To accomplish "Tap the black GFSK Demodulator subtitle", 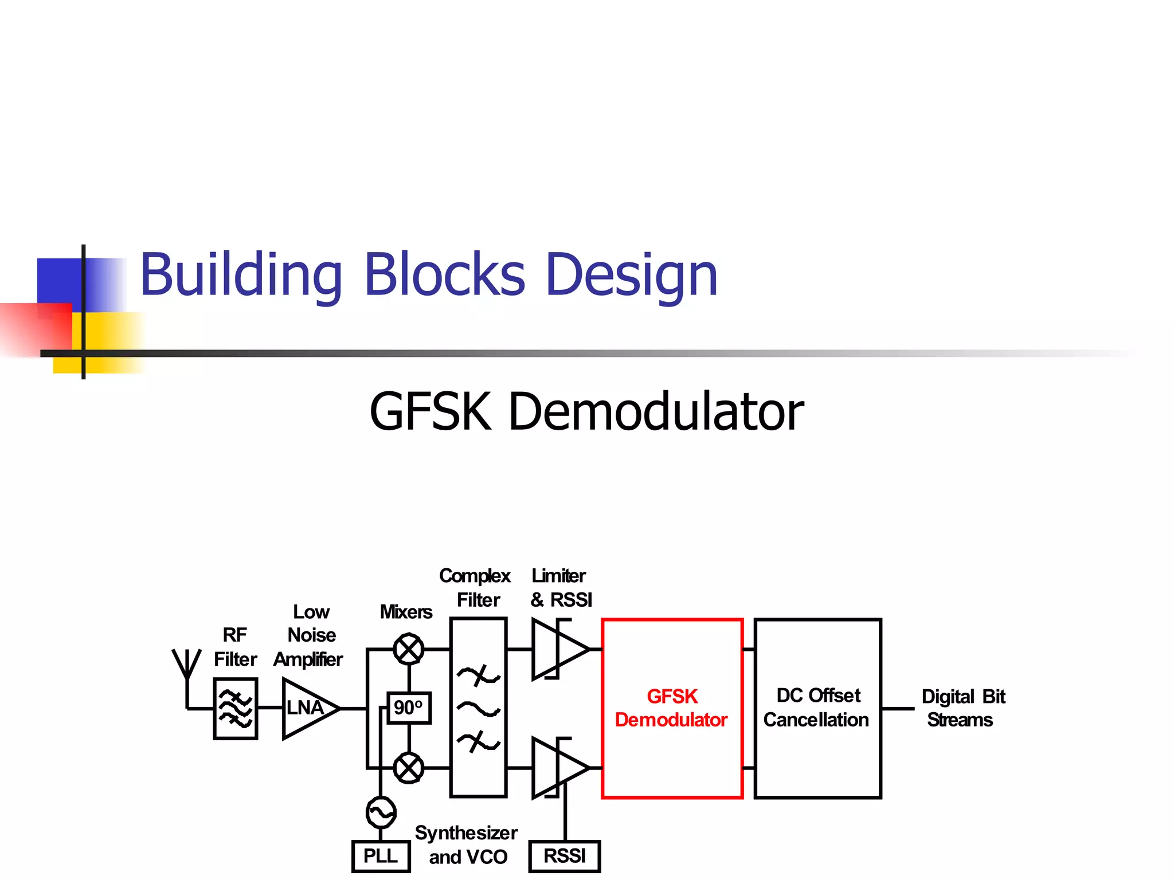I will (x=586, y=411).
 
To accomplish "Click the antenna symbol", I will (x=187, y=667).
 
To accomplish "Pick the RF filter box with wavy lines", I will (x=236, y=709).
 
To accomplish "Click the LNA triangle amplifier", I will (x=307, y=709).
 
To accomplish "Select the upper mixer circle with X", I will (x=409, y=649).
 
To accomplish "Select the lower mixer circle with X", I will (x=409, y=768).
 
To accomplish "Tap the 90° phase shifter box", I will (x=409, y=708).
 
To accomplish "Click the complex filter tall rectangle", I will (x=479, y=708).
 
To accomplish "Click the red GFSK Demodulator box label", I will (x=672, y=708).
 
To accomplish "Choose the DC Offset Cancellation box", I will (x=817, y=708).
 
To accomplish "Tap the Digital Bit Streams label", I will (x=962, y=708).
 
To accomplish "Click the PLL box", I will (x=381, y=856).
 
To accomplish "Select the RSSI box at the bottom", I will (x=565, y=856).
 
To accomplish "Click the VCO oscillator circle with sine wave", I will (x=381, y=812).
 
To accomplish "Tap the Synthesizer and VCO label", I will (x=467, y=844).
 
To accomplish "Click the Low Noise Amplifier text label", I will (x=310, y=635).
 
